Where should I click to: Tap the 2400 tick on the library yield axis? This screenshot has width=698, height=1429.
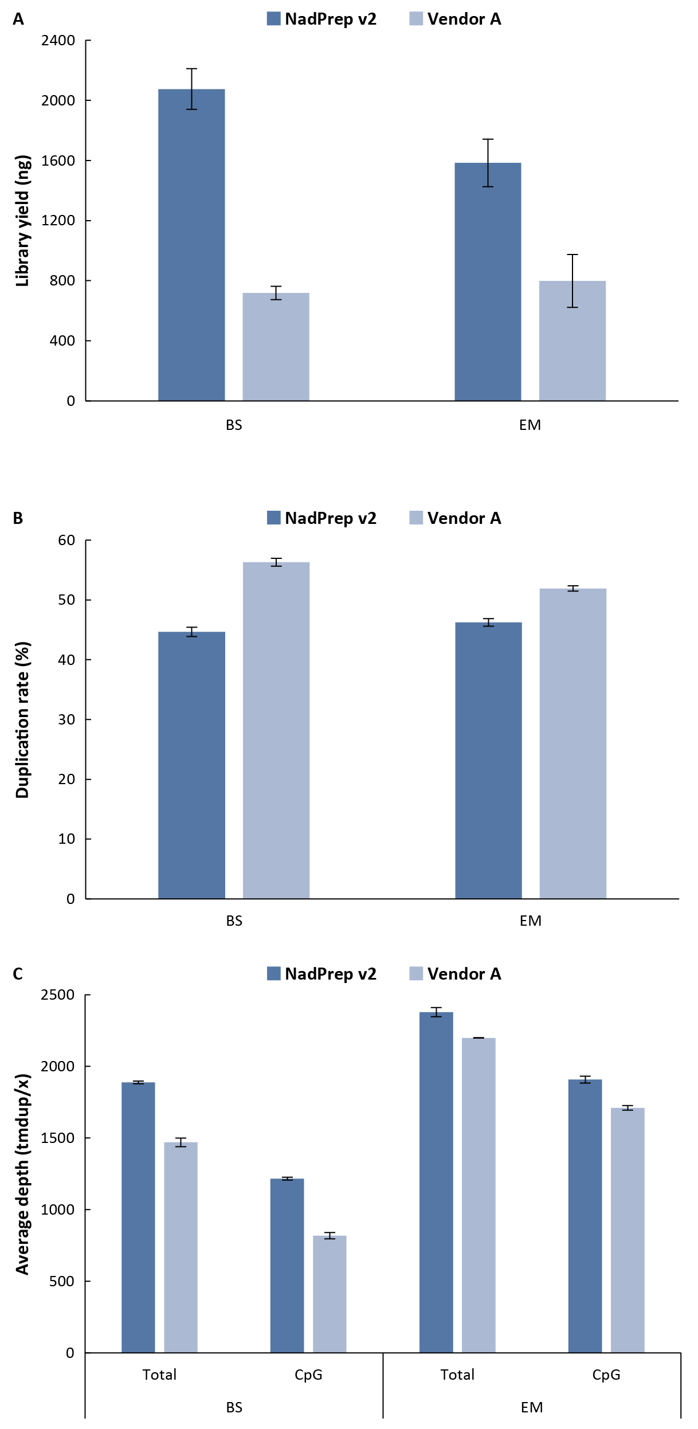[58, 41]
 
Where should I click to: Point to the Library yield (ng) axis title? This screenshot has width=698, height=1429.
[22, 221]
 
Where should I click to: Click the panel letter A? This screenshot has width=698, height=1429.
[18, 19]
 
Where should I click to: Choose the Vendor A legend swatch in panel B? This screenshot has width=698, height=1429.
[416, 518]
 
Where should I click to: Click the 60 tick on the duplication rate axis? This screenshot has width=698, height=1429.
[66, 540]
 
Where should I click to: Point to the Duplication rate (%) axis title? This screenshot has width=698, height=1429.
[22, 720]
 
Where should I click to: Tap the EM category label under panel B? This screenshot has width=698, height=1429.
[530, 921]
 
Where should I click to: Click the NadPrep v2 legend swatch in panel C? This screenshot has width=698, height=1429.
[274, 974]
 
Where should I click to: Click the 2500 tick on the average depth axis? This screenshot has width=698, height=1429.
[58, 995]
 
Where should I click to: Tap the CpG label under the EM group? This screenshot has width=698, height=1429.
[606, 1375]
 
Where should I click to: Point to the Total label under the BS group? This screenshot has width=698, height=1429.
[159, 1375]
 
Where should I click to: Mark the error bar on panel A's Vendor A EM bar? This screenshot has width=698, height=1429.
[572, 281]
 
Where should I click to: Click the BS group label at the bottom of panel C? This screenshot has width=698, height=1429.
[234, 1407]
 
